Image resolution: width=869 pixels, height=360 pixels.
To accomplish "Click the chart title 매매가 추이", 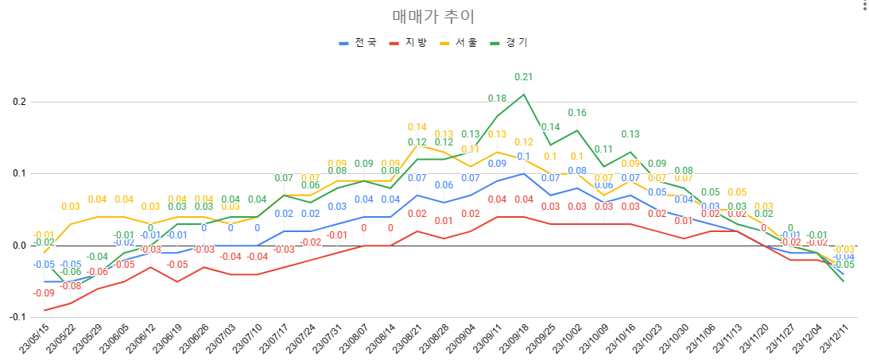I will (x=434, y=16).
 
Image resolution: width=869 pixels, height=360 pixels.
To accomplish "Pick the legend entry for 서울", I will (x=466, y=43).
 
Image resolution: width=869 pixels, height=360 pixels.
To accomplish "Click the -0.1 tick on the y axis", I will (x=15, y=316).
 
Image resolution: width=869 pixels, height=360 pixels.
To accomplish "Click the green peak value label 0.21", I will (x=523, y=77).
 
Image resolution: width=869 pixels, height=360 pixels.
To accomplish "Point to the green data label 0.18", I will (x=497, y=99).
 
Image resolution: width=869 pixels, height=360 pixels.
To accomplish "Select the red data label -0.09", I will (x=44, y=293).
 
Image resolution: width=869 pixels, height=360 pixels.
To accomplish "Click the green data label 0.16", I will (x=576, y=113).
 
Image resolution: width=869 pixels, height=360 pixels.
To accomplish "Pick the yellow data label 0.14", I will (x=417, y=127).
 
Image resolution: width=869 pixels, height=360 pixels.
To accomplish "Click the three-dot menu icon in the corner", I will (x=863, y=7).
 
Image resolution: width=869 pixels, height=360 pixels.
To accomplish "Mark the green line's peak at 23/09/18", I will (x=523, y=95).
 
